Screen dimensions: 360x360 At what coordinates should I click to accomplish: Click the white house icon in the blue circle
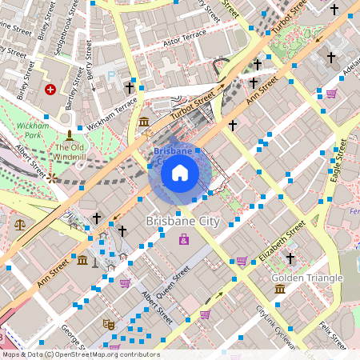click(x=179, y=172)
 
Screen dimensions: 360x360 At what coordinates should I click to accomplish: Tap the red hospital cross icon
click(x=51, y=89)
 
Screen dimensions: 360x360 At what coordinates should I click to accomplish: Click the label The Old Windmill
click(x=70, y=152)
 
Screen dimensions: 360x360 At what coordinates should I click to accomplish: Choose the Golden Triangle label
click(x=307, y=278)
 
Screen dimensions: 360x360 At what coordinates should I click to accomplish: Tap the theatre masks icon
click(x=107, y=324)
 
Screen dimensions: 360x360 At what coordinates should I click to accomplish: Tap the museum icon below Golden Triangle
click(x=279, y=288)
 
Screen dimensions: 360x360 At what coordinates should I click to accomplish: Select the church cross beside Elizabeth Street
click(x=290, y=258)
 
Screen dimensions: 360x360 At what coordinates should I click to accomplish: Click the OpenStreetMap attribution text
click(x=80, y=354)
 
